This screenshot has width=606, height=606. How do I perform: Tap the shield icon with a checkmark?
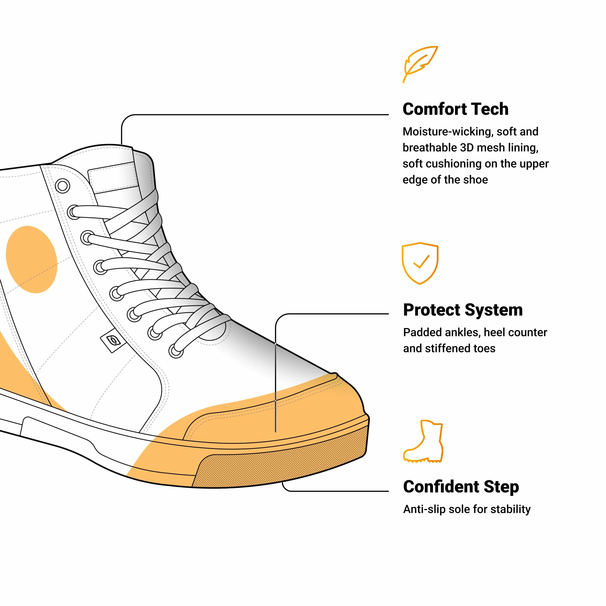[x=420, y=263]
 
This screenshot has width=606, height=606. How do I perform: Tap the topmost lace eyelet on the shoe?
[x=63, y=186]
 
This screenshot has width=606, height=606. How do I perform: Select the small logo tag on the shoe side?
[x=113, y=341]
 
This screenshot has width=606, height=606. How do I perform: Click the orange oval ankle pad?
[x=32, y=259]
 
